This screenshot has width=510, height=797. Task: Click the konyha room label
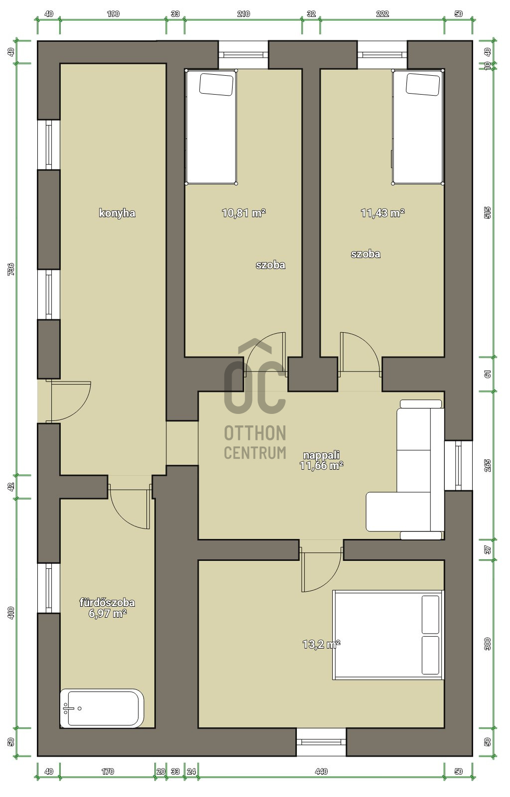coord(117,213)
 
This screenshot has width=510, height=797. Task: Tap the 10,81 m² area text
coord(243,213)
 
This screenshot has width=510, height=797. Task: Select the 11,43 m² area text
coord(382,213)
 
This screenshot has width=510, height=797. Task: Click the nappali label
coord(322,455)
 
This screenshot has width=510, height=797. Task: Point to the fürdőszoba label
coord(107,603)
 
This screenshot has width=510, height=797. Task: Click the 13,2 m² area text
coord(321,644)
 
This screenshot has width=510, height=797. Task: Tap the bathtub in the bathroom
coord(102,708)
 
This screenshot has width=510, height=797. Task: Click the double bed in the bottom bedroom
coord(387,635)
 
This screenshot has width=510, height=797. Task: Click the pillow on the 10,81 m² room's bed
coord(217,84)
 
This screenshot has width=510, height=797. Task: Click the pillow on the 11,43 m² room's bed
coord(423,84)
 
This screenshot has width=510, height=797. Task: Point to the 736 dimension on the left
coord(11,269)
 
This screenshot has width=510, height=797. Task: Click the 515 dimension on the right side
coord(488,213)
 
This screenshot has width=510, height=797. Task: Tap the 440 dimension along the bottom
coord(322,772)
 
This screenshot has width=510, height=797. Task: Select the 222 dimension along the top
coord(382,13)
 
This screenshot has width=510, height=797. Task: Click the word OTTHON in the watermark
coord(255,433)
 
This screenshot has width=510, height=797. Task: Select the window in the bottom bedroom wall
coord(321,742)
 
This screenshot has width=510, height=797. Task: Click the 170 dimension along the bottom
coord(108,772)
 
